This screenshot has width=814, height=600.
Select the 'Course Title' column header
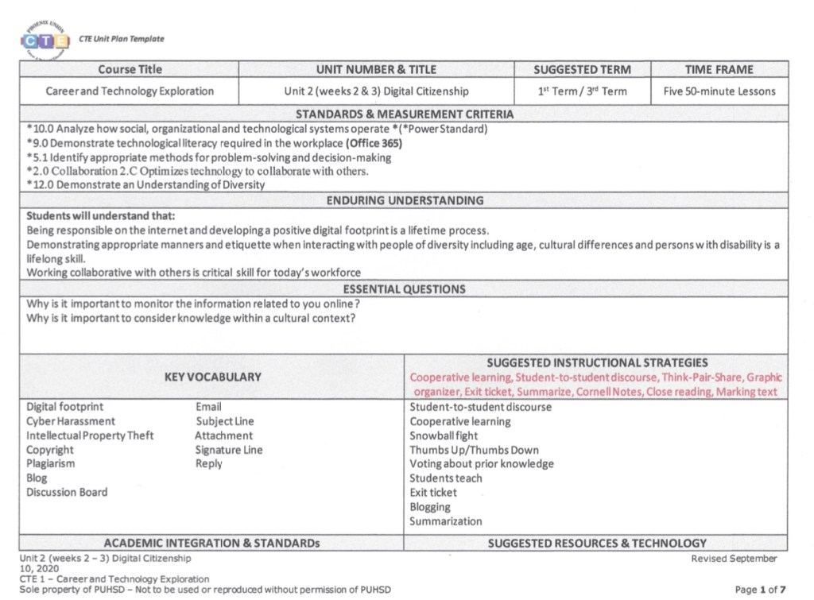point(130,69)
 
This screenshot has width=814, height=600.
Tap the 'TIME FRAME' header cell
point(719,69)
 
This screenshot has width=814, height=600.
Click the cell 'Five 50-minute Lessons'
point(719,91)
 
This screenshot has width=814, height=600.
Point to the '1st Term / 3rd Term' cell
point(582,91)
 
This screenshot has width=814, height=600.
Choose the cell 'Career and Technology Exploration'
point(130,91)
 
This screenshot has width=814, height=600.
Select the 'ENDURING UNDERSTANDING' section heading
point(405,200)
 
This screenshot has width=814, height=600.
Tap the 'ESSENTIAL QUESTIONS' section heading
point(405,288)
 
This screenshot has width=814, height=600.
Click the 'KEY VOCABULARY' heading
point(212,377)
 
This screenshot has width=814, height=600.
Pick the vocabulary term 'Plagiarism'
point(50,464)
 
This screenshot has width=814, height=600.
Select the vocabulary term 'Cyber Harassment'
point(70,421)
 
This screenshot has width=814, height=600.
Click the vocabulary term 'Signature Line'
point(229,450)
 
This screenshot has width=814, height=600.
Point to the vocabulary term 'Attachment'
point(223,435)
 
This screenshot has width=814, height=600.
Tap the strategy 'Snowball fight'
point(444,435)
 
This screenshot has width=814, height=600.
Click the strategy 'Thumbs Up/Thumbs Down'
point(474,450)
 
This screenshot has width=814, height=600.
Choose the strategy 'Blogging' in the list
point(430,507)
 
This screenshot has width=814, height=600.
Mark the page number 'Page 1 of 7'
point(761,589)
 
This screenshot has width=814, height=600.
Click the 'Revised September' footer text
point(734,559)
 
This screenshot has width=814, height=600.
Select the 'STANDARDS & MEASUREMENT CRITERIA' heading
point(405,114)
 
